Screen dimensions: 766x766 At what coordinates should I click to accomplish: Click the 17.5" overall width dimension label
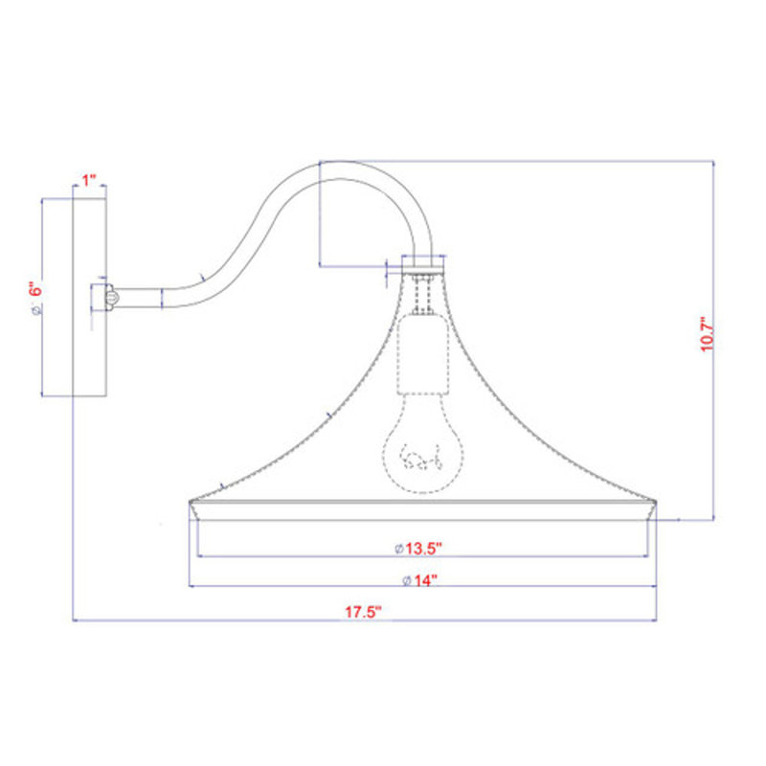pyautogui.click(x=363, y=612)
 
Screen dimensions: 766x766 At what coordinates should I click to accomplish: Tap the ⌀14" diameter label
pyautogui.click(x=419, y=580)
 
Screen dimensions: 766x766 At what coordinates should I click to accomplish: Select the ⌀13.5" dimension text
pyautogui.click(x=418, y=548)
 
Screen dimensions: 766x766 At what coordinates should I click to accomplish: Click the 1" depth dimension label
pyautogui.click(x=89, y=180)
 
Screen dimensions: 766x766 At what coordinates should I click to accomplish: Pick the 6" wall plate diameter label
pyautogui.click(x=35, y=291)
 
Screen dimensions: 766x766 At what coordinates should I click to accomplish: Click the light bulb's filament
pyautogui.click(x=421, y=457)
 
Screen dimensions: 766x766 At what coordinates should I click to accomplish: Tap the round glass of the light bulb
pyautogui.click(x=421, y=444)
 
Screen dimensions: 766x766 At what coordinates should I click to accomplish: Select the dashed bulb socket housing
pyautogui.click(x=422, y=354)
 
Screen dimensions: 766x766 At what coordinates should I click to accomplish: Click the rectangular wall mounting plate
pyautogui.click(x=89, y=298)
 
